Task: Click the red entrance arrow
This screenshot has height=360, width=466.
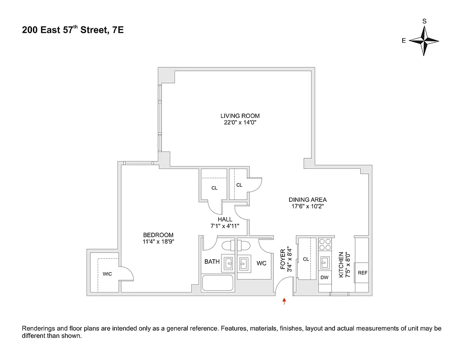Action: point(284,301)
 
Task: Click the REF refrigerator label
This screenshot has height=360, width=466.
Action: point(362,273)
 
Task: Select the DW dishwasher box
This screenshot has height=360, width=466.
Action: point(324,278)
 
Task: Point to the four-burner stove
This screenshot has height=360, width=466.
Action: point(324,244)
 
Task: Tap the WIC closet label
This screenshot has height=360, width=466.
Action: point(107,274)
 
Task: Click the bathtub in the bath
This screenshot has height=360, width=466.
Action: point(217,283)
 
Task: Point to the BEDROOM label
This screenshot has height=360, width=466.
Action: point(158,235)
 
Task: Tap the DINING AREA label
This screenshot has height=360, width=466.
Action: point(308,200)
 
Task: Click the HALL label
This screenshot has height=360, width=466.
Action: point(225,219)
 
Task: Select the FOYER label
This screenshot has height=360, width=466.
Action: point(283,260)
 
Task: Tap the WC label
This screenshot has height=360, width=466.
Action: point(262,263)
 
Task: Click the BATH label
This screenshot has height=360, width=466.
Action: point(212,261)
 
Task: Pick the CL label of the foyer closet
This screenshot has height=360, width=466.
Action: point(305,259)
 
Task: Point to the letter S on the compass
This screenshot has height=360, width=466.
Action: point(424,21)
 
